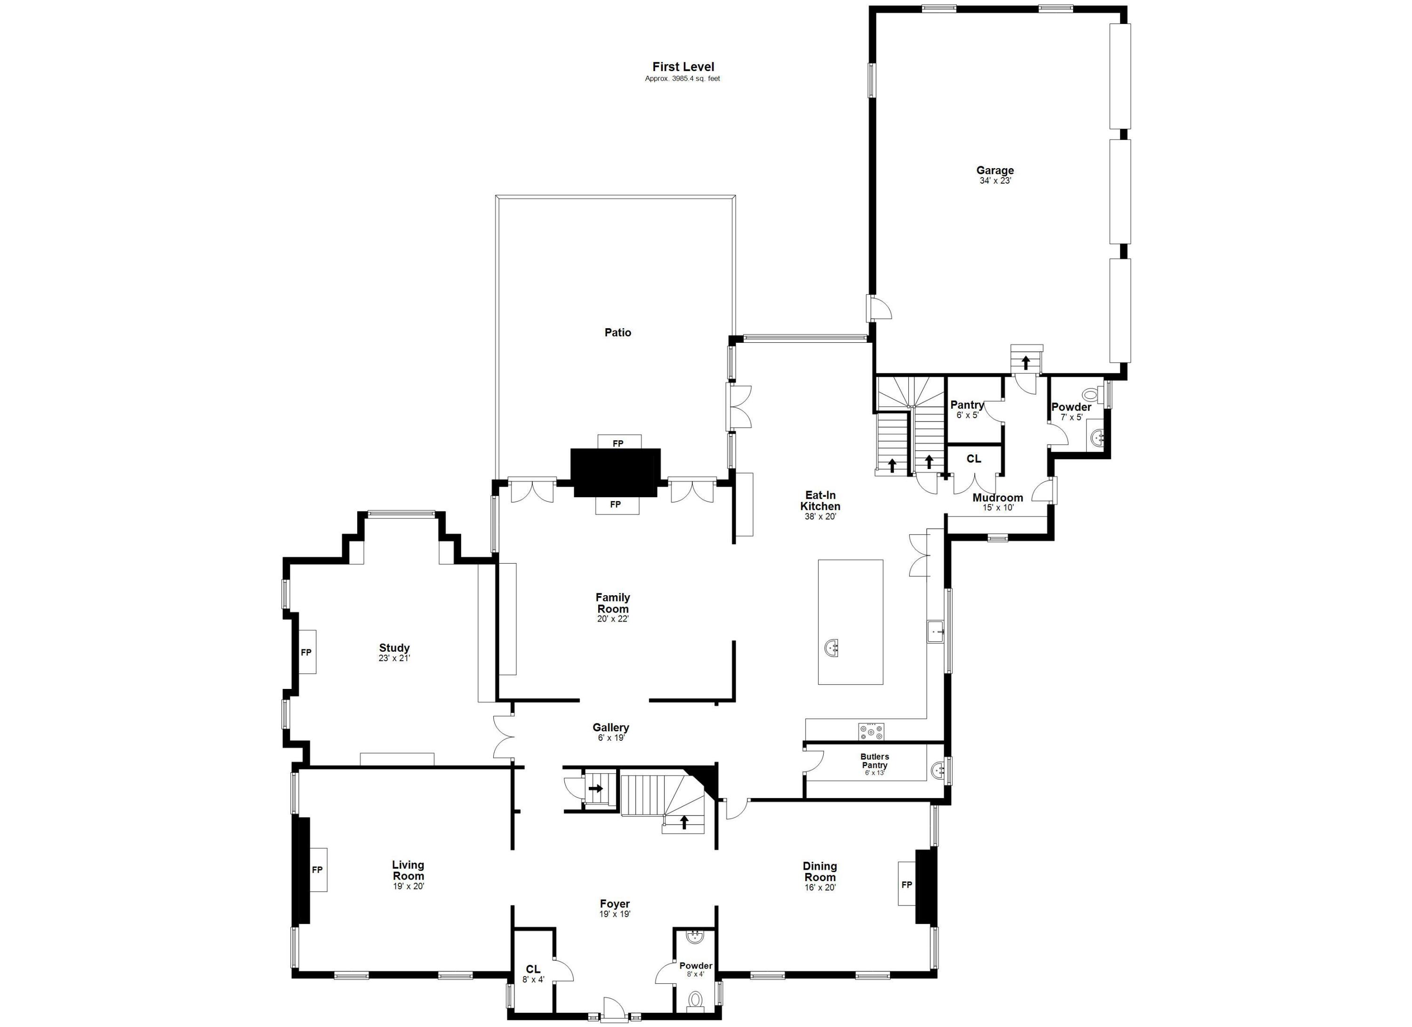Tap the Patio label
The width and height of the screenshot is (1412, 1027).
618,332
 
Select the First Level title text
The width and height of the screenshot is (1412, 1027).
683,67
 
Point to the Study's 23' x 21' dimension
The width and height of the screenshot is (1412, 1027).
394,658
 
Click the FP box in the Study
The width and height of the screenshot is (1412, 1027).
305,652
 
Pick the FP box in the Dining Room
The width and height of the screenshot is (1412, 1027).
907,884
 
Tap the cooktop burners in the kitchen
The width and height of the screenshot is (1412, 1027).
871,731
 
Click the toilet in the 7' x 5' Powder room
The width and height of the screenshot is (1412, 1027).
1091,394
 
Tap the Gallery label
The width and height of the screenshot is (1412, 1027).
611,728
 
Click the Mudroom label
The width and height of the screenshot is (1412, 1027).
997,498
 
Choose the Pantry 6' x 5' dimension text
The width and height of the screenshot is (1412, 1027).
967,415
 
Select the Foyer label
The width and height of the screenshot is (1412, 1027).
615,904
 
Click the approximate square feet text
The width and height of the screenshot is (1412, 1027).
682,79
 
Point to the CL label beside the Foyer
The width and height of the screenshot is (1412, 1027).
533,969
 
